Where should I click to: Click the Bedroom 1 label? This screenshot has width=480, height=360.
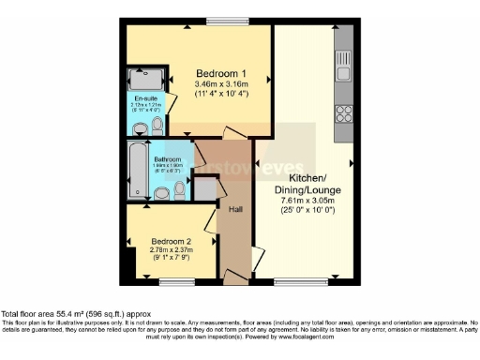(221, 73)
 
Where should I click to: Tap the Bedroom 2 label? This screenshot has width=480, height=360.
(172, 242)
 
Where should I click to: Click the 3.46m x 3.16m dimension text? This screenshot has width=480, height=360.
(221, 84)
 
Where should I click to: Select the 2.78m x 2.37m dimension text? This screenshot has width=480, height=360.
(172, 251)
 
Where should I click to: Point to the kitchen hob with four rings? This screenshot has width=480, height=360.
(343, 114)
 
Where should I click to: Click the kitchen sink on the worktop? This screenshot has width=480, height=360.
(343, 74)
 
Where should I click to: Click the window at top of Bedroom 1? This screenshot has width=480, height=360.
(221, 22)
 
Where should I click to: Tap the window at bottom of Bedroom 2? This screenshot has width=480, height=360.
(176, 280)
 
